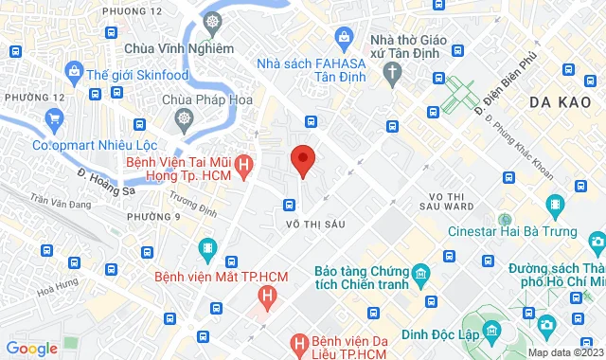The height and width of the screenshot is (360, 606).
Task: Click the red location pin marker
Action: pyautogui.click(x=302, y=160)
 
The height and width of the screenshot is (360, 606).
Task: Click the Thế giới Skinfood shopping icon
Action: pyautogui.click(x=73, y=70)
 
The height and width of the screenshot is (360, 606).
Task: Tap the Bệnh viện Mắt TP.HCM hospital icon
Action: pyautogui.click(x=207, y=250)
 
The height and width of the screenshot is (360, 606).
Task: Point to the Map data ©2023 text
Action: pyautogui.click(x=565, y=352)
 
